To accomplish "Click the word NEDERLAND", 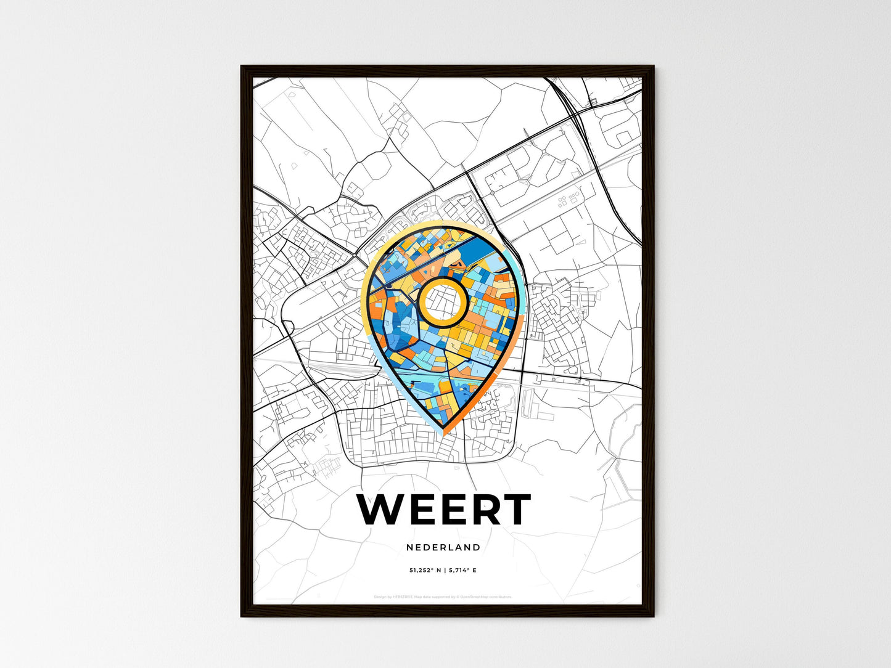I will pos(443,547).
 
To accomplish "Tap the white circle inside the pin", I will pos(442,301).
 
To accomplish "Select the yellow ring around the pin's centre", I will pos(442,281).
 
